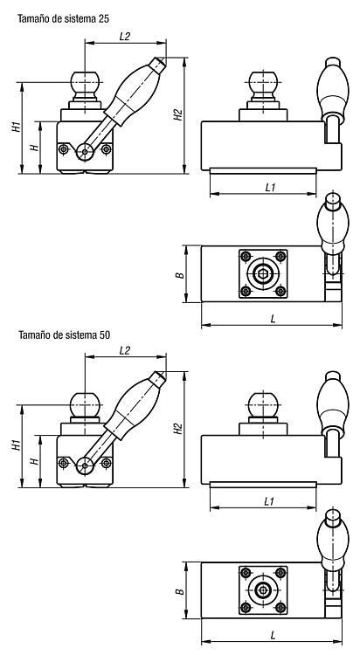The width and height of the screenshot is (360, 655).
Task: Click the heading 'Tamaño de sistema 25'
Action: coord(64,18)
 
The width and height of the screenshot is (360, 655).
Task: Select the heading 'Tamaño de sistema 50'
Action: coord(64,334)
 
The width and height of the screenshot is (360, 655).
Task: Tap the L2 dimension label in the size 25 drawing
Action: coord(125,37)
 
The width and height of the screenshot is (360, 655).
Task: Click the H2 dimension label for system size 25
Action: coord(178,115)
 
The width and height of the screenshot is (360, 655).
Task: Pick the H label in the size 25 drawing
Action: coord(35,148)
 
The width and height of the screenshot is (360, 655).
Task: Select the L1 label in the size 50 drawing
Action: coord(270,501)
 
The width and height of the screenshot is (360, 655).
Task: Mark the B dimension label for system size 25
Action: coord(179,275)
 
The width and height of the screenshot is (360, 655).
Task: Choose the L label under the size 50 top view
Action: coord(273,636)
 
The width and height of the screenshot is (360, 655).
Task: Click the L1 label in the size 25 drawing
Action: coord(270,188)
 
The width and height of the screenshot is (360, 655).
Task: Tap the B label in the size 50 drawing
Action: coord(179,591)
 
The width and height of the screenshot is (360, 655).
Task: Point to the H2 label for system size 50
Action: coord(178,429)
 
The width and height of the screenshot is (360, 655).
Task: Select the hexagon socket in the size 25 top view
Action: coord(263,273)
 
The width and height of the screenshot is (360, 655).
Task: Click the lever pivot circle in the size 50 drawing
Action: coord(85,465)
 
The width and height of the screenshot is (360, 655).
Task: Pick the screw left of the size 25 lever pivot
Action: coord(63,148)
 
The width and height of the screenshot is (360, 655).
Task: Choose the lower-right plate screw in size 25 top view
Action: coord(280,291)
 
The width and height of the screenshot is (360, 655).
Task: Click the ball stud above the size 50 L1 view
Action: coord(263,404)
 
